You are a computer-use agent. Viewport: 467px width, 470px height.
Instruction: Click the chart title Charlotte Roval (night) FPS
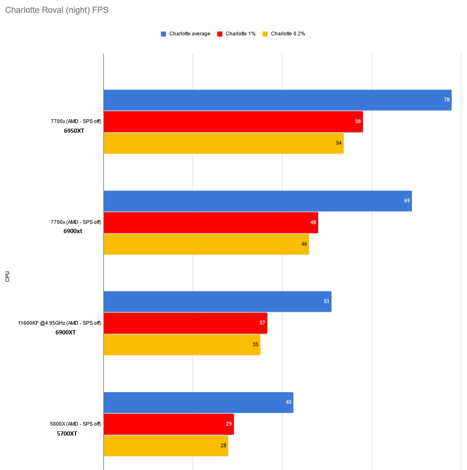[x=56, y=10]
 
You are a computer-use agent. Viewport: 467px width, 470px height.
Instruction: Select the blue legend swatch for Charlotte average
[x=164, y=34]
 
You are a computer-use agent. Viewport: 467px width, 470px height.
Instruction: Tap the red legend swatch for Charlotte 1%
[x=220, y=34]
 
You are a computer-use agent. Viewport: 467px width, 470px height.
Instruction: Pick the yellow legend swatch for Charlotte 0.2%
[x=265, y=34]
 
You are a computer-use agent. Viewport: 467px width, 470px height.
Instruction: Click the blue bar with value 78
[x=277, y=100]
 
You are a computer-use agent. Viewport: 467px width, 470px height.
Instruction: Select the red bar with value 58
[x=233, y=122]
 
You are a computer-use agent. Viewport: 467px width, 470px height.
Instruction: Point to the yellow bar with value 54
[x=223, y=143]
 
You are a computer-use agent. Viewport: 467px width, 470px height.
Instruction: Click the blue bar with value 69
[x=258, y=201]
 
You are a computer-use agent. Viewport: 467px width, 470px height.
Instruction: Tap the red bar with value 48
[x=211, y=222]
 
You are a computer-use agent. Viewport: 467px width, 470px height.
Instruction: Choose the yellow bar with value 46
[x=206, y=244]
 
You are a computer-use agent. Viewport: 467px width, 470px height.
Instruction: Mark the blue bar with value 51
[x=217, y=301]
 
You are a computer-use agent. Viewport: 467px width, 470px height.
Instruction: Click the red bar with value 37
[x=185, y=323]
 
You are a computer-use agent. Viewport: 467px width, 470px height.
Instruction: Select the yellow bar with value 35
[x=182, y=345]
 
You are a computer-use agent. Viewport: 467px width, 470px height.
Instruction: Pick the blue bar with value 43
[x=198, y=403]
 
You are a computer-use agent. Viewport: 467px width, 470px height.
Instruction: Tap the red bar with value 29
[x=168, y=424]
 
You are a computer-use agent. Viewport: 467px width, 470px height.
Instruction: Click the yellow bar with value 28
[x=166, y=446]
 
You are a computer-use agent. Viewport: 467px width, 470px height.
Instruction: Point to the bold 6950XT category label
[x=74, y=131]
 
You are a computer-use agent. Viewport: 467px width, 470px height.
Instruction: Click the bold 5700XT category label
[x=67, y=433]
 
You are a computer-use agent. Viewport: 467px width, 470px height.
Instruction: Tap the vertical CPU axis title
[x=7, y=276]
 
